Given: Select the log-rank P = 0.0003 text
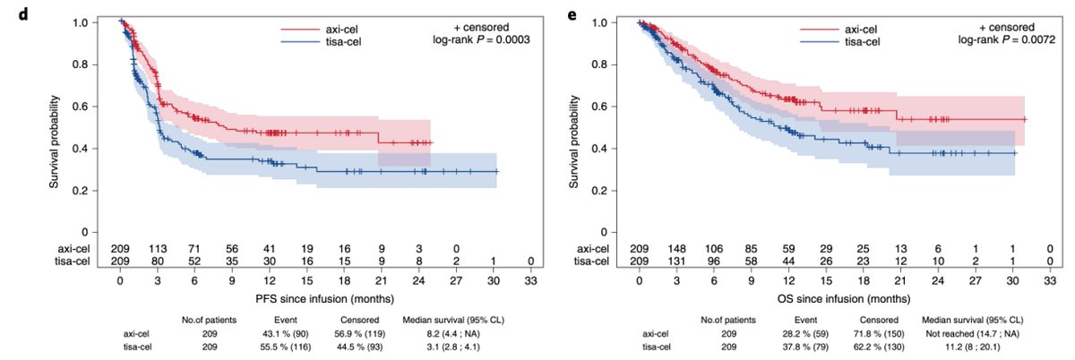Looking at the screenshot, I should (x=469, y=40).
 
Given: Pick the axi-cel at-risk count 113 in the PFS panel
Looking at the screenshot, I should (x=158, y=248).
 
